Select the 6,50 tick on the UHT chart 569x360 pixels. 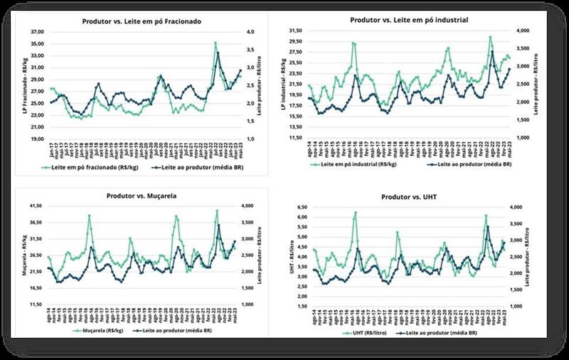tap(301, 206)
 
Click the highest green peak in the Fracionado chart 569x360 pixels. tap(216, 43)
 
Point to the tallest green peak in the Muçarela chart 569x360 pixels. tap(217, 211)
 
